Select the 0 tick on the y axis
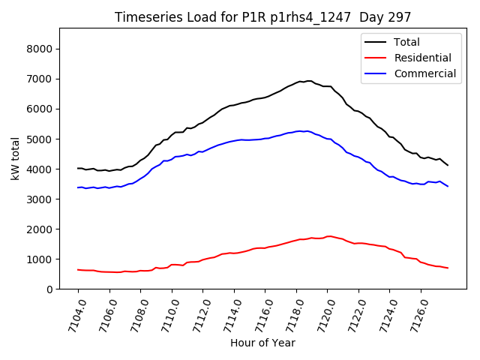coord(49,289)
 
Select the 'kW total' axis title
coord(15,157)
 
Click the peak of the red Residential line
coord(329,236)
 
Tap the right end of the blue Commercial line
coord(448,186)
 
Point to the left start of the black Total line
coord(78,168)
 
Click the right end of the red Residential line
coord(448,268)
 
